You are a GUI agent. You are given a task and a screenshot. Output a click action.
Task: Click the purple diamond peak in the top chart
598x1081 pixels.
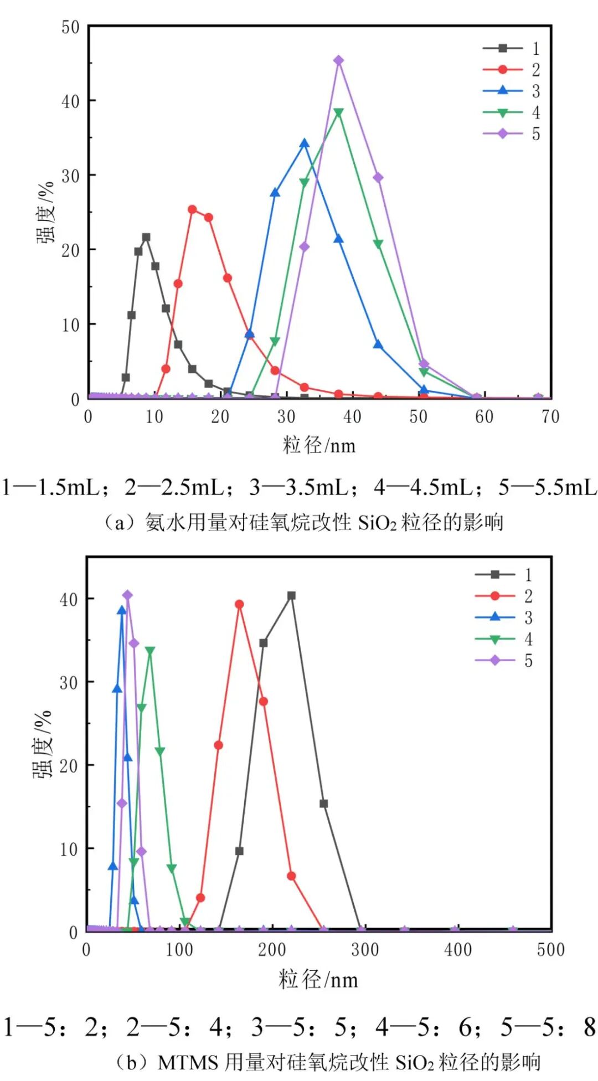coord(338,60)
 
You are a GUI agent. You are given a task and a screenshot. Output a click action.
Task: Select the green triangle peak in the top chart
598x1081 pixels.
coord(338,112)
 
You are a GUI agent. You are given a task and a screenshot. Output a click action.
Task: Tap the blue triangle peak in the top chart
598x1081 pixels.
coord(304,143)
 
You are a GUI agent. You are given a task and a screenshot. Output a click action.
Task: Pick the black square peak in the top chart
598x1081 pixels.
coord(146,237)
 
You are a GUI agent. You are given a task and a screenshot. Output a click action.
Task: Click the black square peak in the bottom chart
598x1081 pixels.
coord(291,595)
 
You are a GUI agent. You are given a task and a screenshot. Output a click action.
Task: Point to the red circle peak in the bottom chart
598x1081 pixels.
coord(239,604)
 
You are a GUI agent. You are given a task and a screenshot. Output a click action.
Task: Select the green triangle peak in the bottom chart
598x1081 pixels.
coord(149,651)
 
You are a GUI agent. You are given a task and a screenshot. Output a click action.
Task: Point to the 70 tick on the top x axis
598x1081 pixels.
coord(550,416)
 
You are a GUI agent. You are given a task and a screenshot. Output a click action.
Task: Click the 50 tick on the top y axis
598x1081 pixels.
coord(71,27)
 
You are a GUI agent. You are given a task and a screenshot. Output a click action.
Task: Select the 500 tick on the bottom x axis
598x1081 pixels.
coord(550,950)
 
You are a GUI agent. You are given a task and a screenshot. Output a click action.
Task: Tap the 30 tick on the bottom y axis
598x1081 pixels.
coord(69,682)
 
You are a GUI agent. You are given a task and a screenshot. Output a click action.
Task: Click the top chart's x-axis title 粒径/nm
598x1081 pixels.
coord(319,445)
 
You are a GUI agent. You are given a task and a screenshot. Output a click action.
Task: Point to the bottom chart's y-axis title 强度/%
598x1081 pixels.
coord(43,745)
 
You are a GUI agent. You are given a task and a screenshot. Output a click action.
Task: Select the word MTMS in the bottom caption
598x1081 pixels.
coord(188,1062)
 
